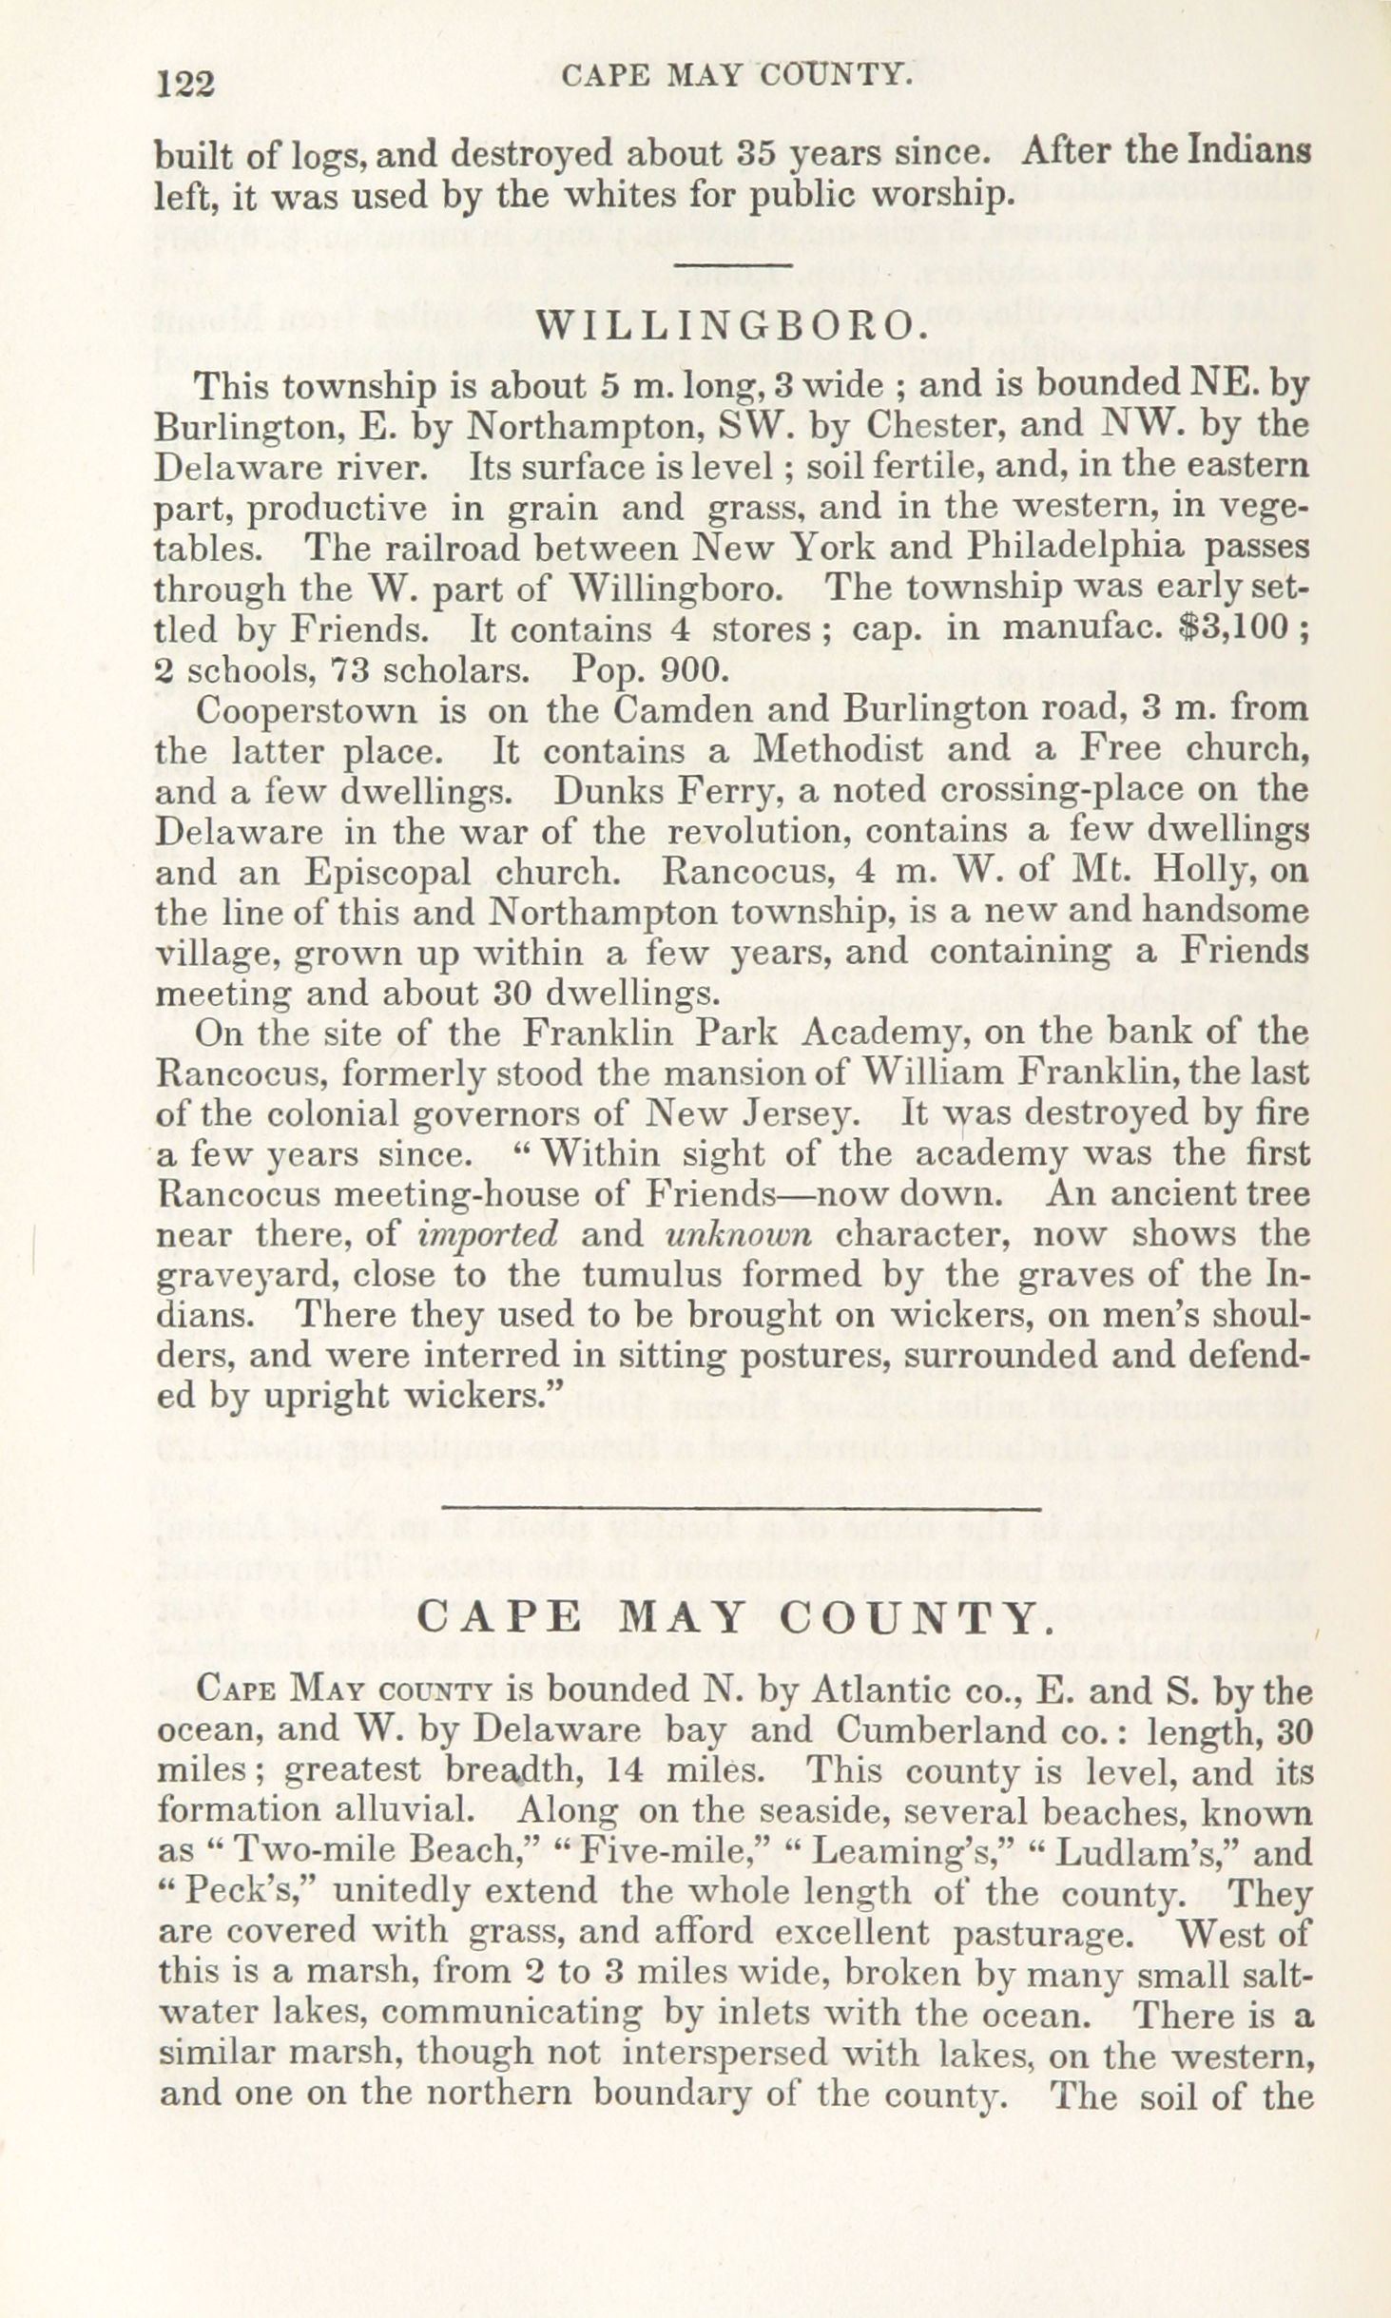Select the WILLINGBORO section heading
click(732, 325)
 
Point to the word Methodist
click(837, 750)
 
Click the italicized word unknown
click(739, 1234)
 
